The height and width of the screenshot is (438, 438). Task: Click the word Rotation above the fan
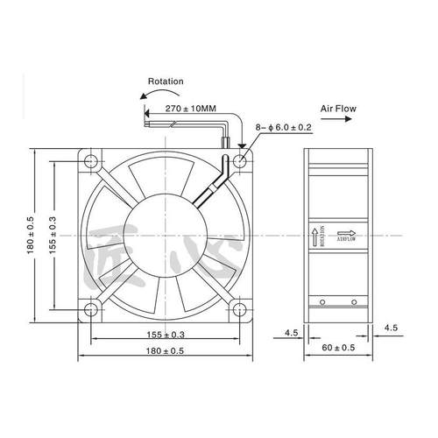(165, 81)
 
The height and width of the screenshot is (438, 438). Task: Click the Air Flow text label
(339, 111)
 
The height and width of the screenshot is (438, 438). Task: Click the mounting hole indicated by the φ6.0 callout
(238, 161)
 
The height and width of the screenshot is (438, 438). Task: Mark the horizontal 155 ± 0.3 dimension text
(165, 336)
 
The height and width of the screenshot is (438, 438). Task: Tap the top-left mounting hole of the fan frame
(91, 161)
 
